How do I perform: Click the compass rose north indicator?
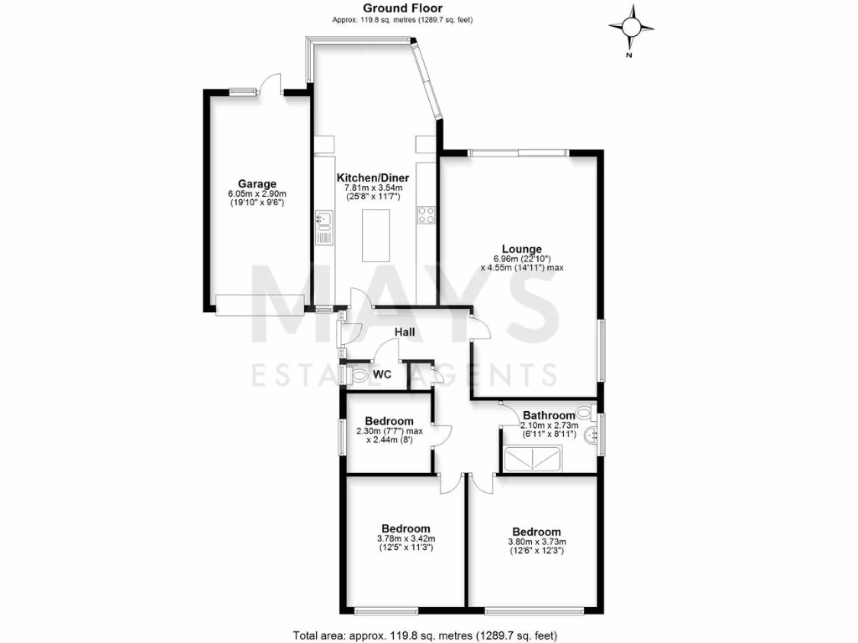pyautogui.click(x=633, y=27)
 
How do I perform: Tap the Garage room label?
pyautogui.click(x=256, y=184)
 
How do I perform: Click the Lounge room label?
pyautogui.click(x=522, y=249)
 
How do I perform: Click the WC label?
pyautogui.click(x=383, y=373)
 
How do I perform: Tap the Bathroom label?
pyautogui.click(x=549, y=415)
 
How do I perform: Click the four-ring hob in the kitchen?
pyautogui.click(x=426, y=215)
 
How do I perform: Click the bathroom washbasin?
pyautogui.click(x=592, y=435)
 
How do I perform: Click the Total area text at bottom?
pyautogui.click(x=425, y=635)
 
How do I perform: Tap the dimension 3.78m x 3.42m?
pyautogui.click(x=406, y=538)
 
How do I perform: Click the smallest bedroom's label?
pyautogui.click(x=390, y=420)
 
